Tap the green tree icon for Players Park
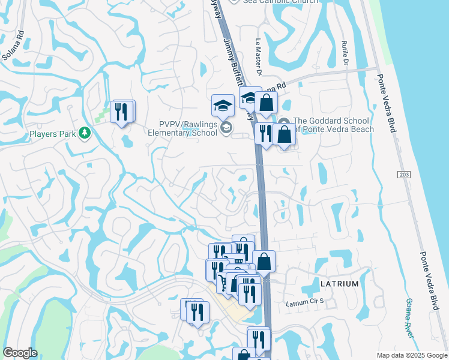tap(85, 133)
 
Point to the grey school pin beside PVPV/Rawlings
tap(226, 127)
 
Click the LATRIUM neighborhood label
tap(339, 284)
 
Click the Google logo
tap(20, 353)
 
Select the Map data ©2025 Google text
tap(411, 355)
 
